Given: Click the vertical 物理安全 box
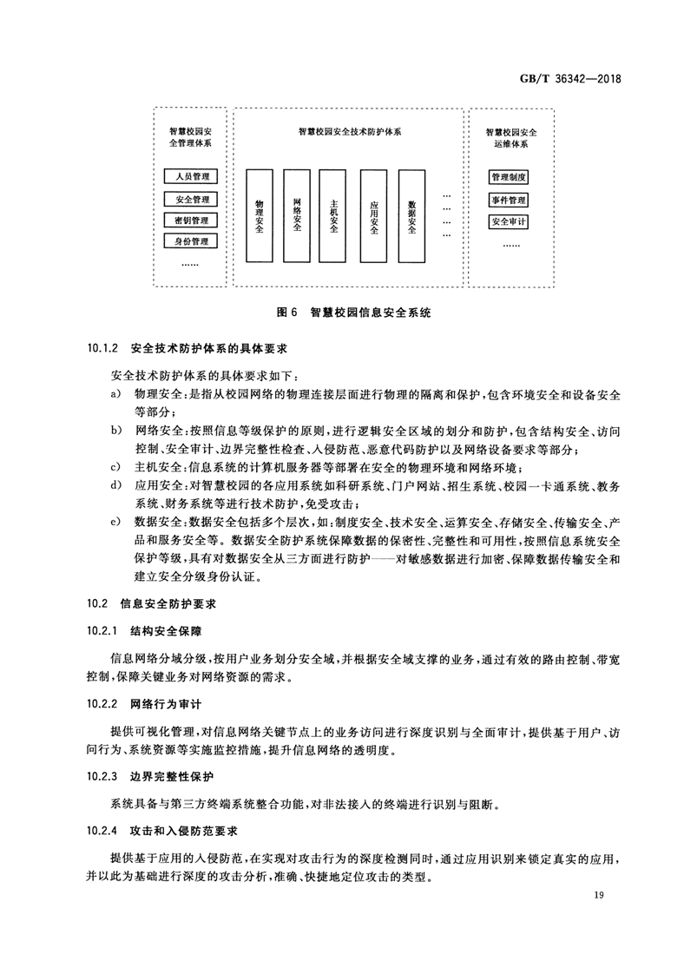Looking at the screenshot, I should pyautogui.click(x=259, y=215).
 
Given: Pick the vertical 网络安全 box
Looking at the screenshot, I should pyautogui.click(x=297, y=215).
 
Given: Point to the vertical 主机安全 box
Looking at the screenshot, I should pyautogui.click(x=334, y=215).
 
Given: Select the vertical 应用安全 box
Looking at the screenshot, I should pyautogui.click(x=373, y=215).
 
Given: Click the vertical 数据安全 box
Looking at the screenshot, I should pyautogui.click(x=411, y=215).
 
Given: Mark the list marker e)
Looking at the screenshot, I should pyautogui.click(x=115, y=522).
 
